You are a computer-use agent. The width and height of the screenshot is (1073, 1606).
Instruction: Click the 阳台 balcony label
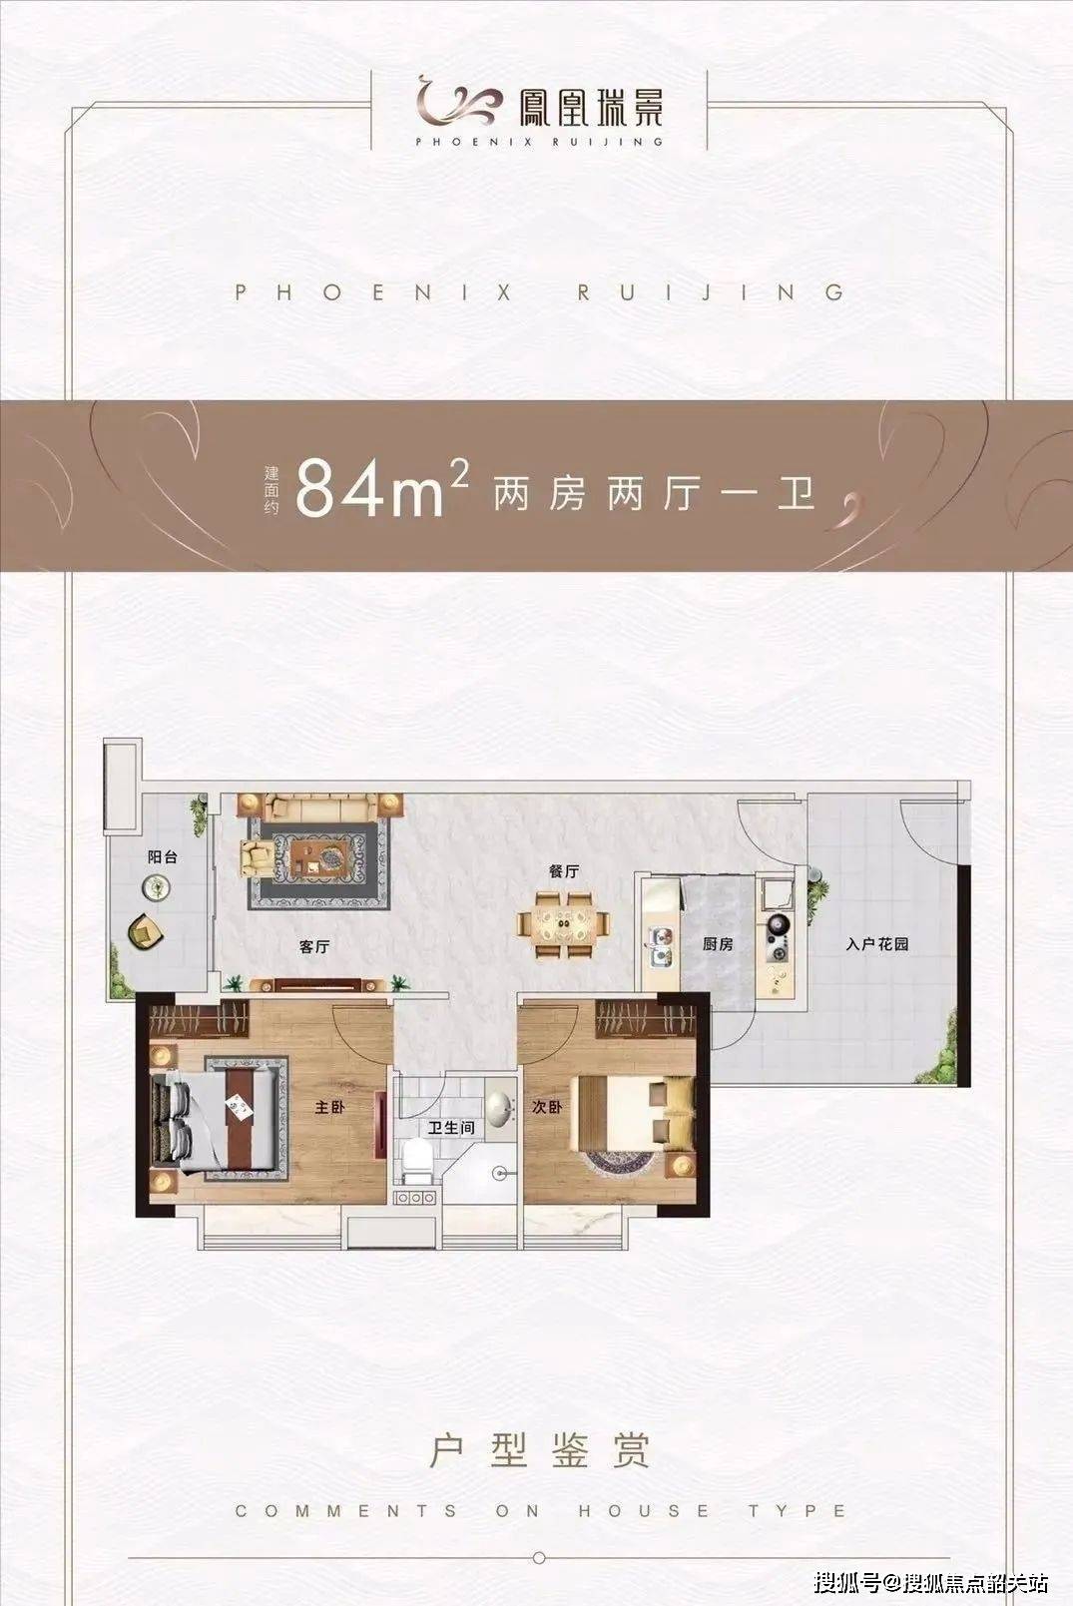point(162,856)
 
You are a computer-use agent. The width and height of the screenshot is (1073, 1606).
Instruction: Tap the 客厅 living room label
point(314,947)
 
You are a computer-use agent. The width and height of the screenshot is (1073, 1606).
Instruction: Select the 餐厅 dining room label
point(563,871)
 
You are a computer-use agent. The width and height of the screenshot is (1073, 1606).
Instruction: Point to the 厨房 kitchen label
point(718,944)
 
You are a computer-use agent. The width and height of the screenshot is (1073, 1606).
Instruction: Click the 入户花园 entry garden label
point(876,944)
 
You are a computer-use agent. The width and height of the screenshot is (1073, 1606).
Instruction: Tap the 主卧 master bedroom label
point(329,1108)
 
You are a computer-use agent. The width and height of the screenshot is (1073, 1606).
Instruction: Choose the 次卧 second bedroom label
point(546,1108)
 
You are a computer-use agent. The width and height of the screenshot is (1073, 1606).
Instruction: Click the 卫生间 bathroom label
point(451,1128)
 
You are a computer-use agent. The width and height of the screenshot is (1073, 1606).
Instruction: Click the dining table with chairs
point(564,925)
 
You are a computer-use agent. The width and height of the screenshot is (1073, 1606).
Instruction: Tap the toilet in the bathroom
point(415,1160)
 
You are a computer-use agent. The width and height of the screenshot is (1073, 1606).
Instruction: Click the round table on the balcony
point(156,889)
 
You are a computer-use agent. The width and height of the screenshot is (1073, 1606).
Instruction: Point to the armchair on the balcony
point(146,931)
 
